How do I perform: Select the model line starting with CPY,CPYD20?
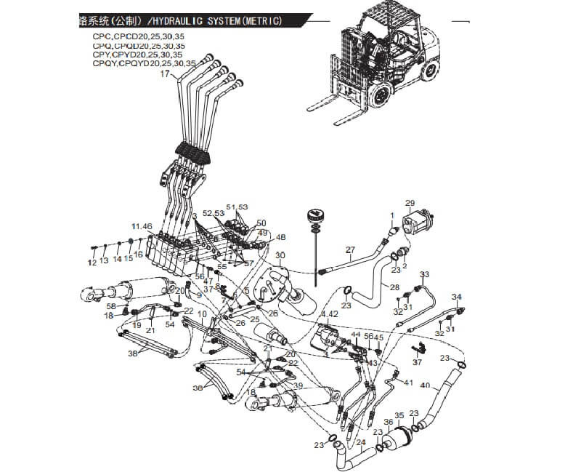click(137, 55)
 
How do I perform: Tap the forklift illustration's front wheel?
click(381, 98)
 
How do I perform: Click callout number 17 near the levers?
click(164, 74)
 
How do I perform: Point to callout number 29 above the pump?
click(410, 203)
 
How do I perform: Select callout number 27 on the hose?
click(351, 251)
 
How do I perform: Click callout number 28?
click(394, 288)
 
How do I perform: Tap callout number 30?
click(280, 255)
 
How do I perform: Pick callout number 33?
click(425, 274)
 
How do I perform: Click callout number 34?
click(457, 297)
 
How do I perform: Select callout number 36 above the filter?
click(389, 422)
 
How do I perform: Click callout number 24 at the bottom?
click(360, 442)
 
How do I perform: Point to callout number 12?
click(93, 261)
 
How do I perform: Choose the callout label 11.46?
click(142, 227)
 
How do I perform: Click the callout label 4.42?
click(330, 314)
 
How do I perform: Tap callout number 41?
click(408, 382)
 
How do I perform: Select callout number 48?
click(281, 237)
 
